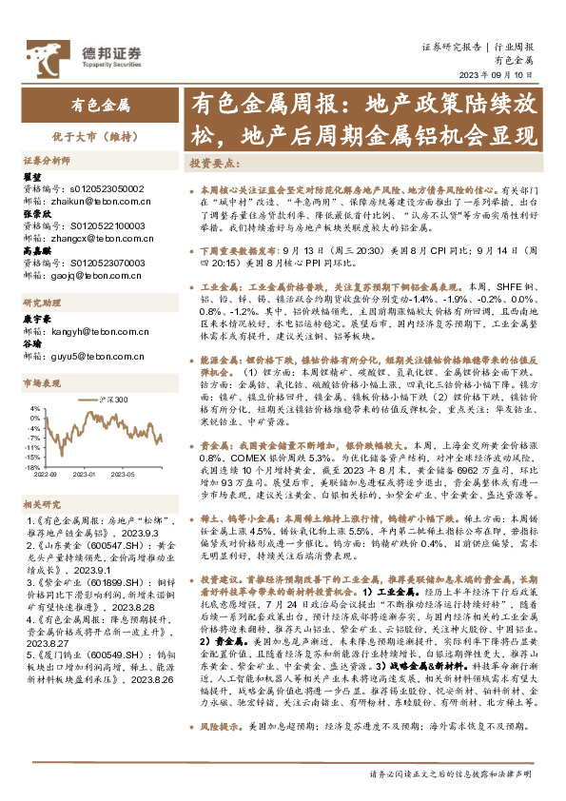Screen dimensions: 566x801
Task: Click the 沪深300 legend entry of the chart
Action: pyautogui.click(x=111, y=400)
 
